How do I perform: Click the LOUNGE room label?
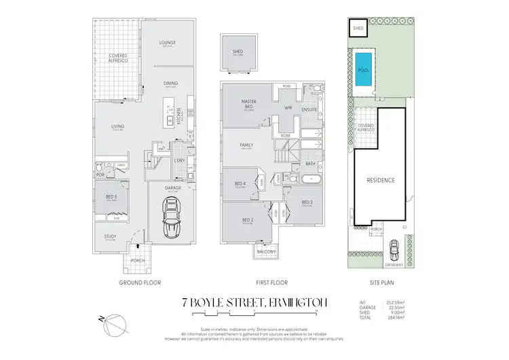pyautogui.click(x=168, y=43)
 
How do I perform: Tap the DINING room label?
pyautogui.click(x=170, y=84)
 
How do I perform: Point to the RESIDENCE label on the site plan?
pyautogui.click(x=381, y=181)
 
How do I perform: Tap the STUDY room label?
pyautogui.click(x=110, y=237)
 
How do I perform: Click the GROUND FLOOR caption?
pyautogui.click(x=139, y=282)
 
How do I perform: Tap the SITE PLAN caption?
pyautogui.click(x=380, y=282)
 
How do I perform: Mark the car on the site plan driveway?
pyautogui.click(x=393, y=246)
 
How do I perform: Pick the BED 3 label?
pyautogui.click(x=306, y=202)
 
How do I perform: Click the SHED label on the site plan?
pyautogui.click(x=358, y=29)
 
